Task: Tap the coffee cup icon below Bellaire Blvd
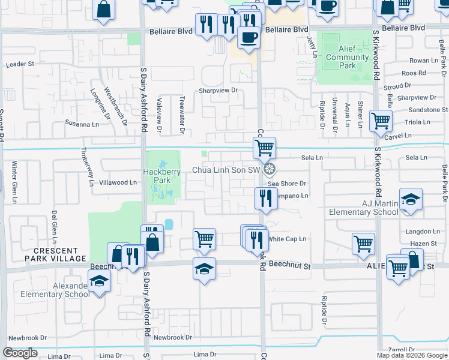click(248, 38)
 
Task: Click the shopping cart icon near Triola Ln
click(381, 121)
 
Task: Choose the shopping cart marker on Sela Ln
click(264, 146)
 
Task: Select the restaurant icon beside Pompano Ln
click(265, 198)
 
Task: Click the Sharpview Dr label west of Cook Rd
click(219, 91)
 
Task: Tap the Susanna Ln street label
click(82, 124)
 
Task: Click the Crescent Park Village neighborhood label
click(56, 254)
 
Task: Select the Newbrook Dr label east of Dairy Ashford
click(172, 338)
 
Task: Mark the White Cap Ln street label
click(287, 239)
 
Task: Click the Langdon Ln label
click(423, 231)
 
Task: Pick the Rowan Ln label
click(423, 61)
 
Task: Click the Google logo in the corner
click(20, 353)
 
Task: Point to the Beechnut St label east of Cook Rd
click(289, 264)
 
